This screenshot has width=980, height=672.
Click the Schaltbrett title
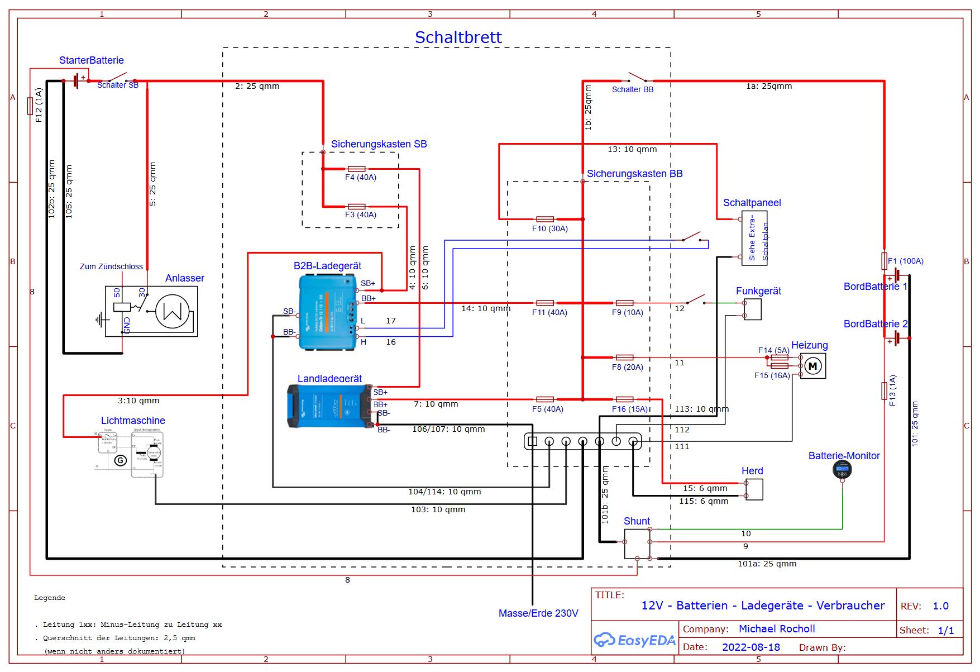[x=458, y=37]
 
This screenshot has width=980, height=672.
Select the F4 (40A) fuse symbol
[x=356, y=169]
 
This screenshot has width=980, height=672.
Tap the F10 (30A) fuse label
[x=549, y=228]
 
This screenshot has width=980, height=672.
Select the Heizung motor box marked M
[x=812, y=366]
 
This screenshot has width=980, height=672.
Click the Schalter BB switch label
[x=632, y=89]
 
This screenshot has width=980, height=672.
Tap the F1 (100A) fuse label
[x=905, y=261]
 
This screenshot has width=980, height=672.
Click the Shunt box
[x=637, y=544]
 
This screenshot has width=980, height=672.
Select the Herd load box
[x=754, y=490]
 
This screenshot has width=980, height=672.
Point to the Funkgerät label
[x=758, y=291]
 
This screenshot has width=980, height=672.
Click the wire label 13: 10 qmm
[x=632, y=149]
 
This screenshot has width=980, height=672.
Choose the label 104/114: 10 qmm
[x=444, y=492]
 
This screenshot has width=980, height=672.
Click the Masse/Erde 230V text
[x=538, y=613]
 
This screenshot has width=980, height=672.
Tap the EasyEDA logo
[x=634, y=640]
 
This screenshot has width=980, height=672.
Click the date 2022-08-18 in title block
[x=750, y=647]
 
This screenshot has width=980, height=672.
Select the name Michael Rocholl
[x=776, y=629]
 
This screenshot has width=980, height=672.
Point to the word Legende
[x=50, y=598]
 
